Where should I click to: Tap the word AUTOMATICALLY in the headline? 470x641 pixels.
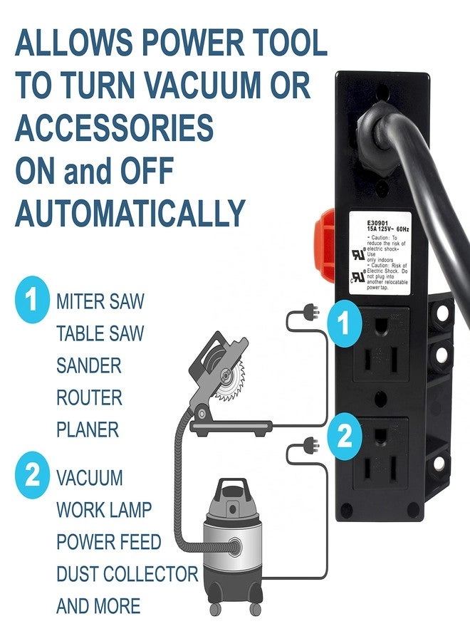click(x=130, y=213)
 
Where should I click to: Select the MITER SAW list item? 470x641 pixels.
click(x=100, y=301)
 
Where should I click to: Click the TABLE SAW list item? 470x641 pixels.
click(x=100, y=333)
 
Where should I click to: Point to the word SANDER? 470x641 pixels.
click(x=89, y=366)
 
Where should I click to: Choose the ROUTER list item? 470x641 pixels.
click(x=89, y=398)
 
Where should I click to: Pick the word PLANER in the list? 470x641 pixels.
click(x=88, y=430)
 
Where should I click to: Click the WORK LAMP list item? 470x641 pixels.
click(x=104, y=510)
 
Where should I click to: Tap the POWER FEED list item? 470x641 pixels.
click(x=108, y=542)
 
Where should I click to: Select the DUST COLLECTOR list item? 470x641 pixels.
click(x=127, y=574)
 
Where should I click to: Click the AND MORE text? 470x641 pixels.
click(x=98, y=607)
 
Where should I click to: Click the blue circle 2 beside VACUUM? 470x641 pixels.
click(x=31, y=476)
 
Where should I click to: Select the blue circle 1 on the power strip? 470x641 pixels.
click(x=344, y=324)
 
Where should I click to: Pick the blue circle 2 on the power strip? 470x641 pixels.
click(x=344, y=436)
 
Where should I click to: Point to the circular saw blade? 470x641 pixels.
click(x=229, y=378)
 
